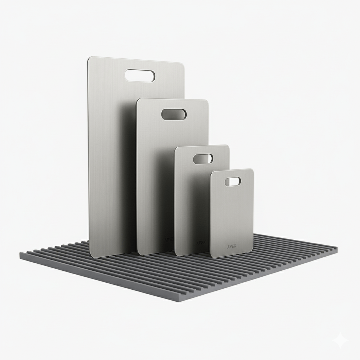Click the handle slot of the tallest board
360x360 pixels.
click(140, 76)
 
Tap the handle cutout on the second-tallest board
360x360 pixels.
click(174, 114)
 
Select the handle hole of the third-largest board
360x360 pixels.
click(203, 159)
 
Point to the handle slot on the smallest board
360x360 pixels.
click(233, 181)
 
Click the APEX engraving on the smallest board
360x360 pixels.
click(232, 246)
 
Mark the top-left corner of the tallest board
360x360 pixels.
click(89, 58)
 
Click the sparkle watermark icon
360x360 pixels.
click(341, 340)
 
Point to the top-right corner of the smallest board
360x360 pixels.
click(252, 171)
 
